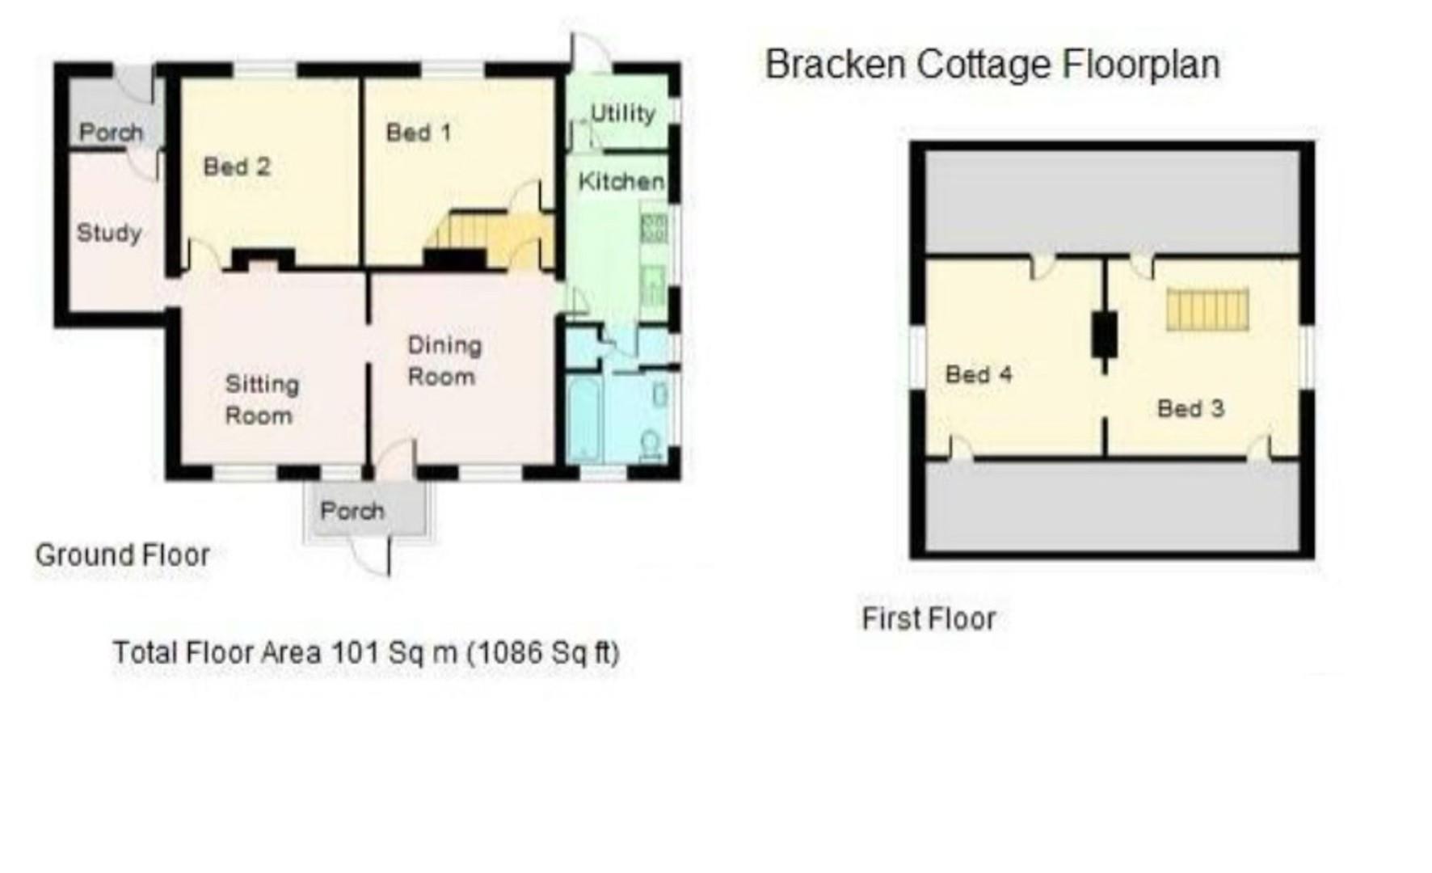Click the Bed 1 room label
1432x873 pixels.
pyautogui.click(x=418, y=132)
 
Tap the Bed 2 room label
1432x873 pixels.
pyautogui.click(x=236, y=167)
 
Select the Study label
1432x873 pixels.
pyautogui.click(x=108, y=233)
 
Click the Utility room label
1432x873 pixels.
pyautogui.click(x=621, y=113)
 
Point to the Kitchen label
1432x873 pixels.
pyautogui.click(x=621, y=181)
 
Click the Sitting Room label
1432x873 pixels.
pyautogui.click(x=260, y=399)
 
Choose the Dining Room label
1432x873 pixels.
pyautogui.click(x=444, y=361)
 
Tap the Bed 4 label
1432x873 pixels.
pyautogui.click(x=978, y=374)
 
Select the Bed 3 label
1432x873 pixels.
pyautogui.click(x=1190, y=408)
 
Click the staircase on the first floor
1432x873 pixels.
pyautogui.click(x=1207, y=310)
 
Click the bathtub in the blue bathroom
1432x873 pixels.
pyautogui.click(x=583, y=418)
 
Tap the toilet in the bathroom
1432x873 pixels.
pyautogui.click(x=651, y=444)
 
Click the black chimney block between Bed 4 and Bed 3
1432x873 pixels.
pyautogui.click(x=1104, y=334)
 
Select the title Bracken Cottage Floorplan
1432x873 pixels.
pyautogui.click(x=992, y=65)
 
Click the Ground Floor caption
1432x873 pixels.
pyautogui.click(x=122, y=555)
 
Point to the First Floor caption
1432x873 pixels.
pyautogui.click(x=929, y=619)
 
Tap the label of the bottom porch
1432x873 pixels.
pyautogui.click(x=352, y=511)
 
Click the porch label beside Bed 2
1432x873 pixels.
pyautogui.click(x=111, y=132)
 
